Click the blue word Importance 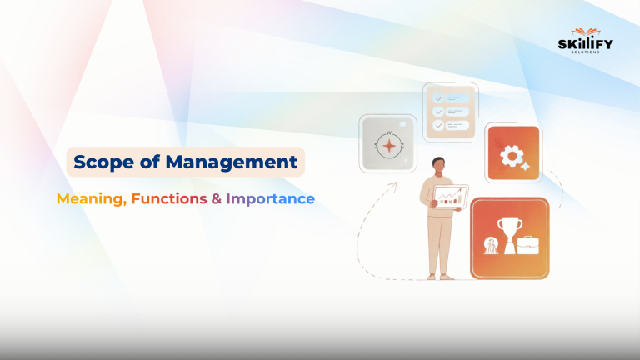point(270,199)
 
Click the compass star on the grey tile point(387,144)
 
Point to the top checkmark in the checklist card point(438,97)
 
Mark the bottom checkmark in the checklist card point(438,125)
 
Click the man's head point(437,165)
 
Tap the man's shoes point(437,276)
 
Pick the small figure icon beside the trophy point(490,245)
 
